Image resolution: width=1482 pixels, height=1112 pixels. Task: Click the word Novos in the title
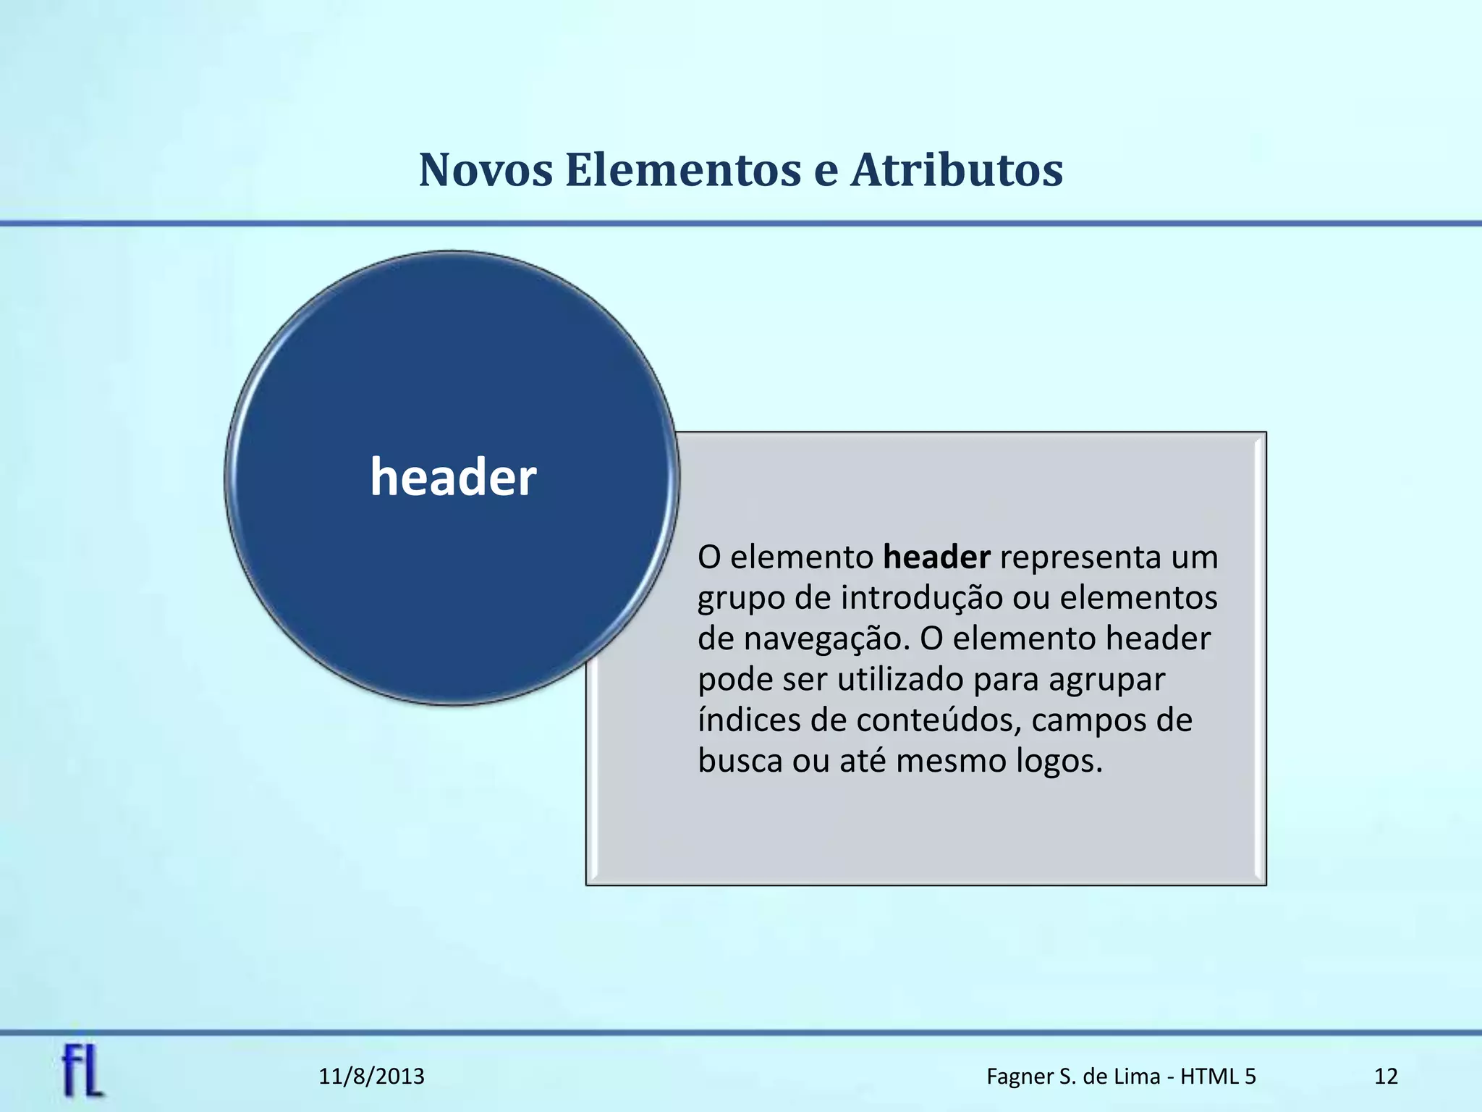click(486, 171)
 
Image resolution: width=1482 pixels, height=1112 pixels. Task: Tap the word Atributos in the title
click(957, 171)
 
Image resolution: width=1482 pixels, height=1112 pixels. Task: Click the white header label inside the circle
click(453, 478)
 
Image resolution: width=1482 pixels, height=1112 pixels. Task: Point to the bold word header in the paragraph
click(936, 557)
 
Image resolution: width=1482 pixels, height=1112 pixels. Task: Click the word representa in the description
click(1080, 557)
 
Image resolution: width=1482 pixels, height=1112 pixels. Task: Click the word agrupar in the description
click(1106, 679)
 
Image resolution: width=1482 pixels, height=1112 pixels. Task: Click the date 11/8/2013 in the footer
click(371, 1077)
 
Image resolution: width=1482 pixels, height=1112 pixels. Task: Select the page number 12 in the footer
click(1386, 1077)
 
